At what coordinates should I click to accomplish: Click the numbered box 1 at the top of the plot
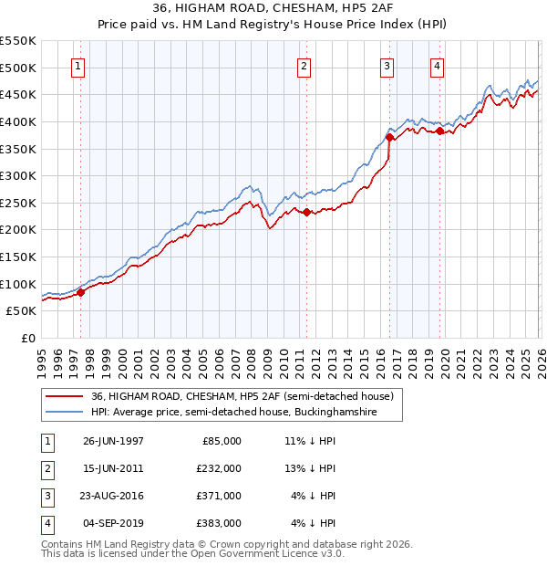(x=78, y=66)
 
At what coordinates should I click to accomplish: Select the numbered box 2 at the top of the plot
(x=304, y=66)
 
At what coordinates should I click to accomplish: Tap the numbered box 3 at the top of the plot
(x=387, y=66)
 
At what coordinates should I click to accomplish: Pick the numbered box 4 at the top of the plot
(x=438, y=66)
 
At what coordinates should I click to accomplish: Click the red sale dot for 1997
(x=80, y=292)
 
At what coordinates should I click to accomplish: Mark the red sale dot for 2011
(x=305, y=213)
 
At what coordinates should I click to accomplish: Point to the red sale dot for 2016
(x=389, y=138)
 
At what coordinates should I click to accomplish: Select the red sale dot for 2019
(x=439, y=131)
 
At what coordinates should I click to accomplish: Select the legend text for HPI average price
(x=246, y=413)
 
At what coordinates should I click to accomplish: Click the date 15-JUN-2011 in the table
(x=113, y=467)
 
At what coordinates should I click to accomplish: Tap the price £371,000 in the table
(x=219, y=496)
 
